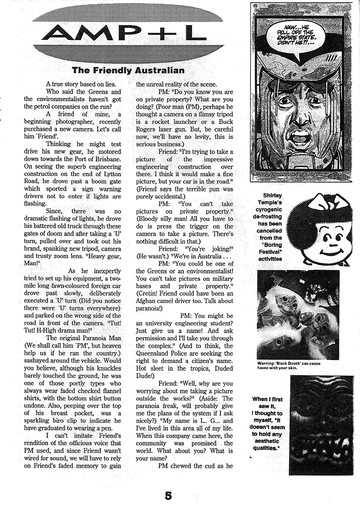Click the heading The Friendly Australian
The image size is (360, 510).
[128, 70]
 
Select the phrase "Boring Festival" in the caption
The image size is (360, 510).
[270, 248]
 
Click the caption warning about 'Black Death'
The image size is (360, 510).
[289, 365]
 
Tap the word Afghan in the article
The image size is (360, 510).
[146, 293]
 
